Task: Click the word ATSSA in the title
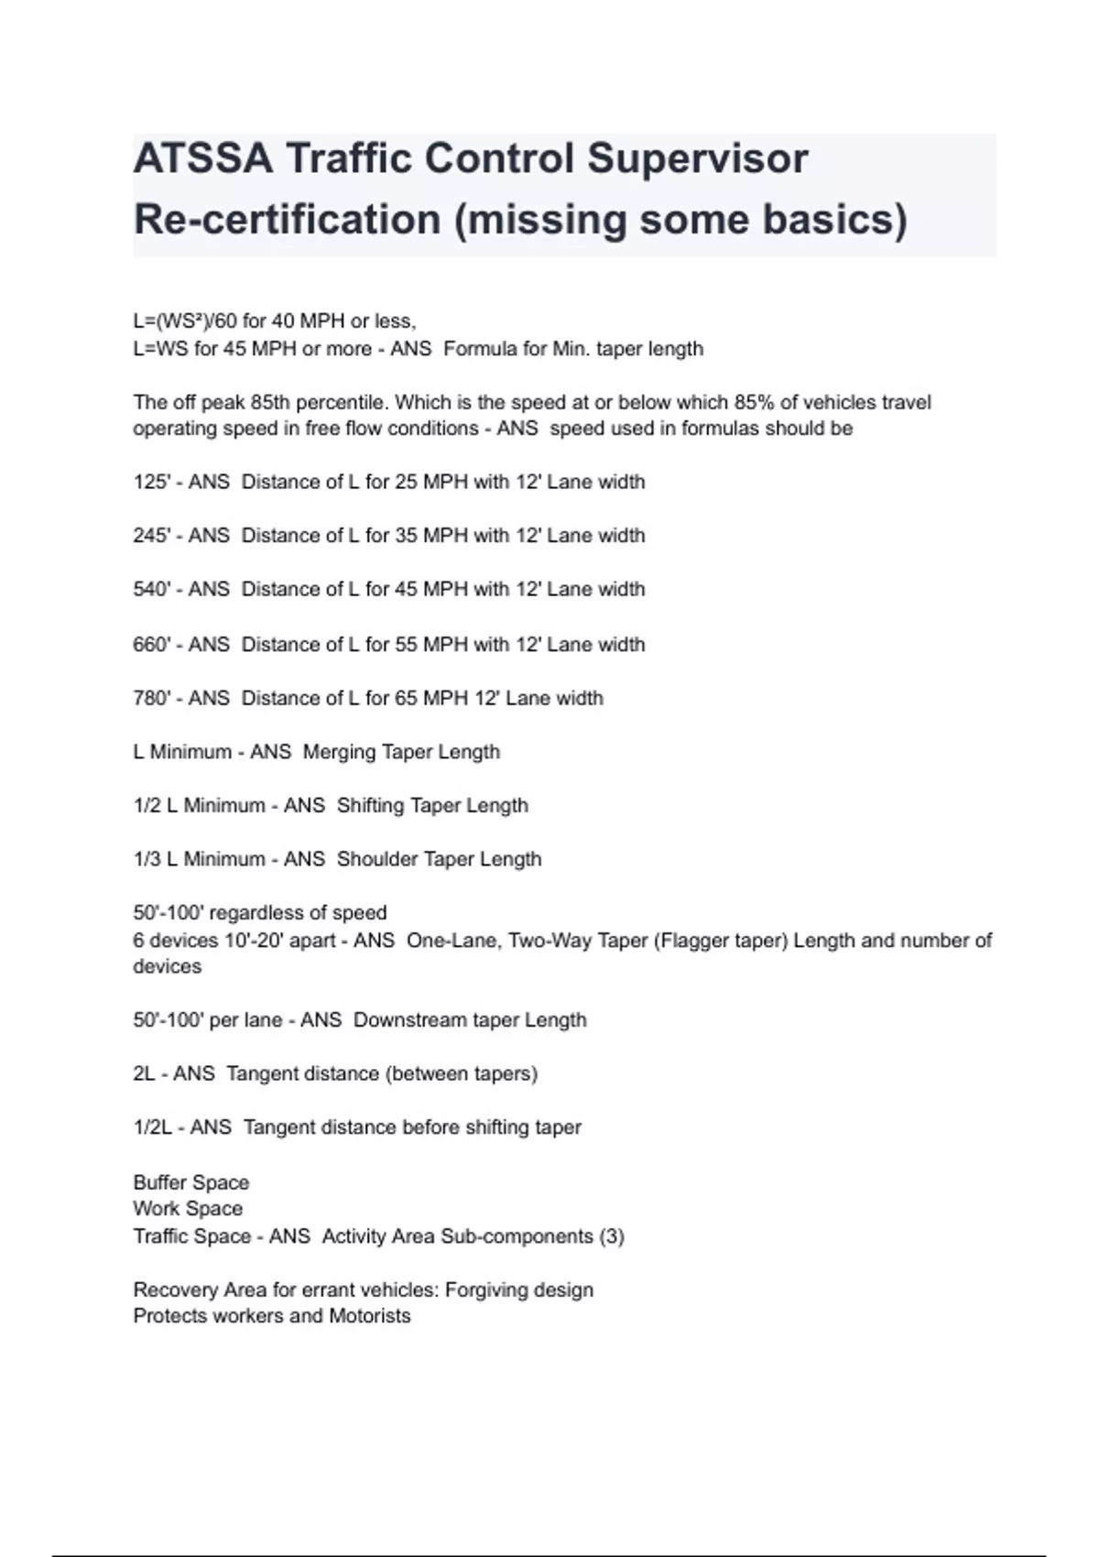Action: pos(202,158)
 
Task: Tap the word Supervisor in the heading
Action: pos(697,158)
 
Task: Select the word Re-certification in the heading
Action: pos(287,220)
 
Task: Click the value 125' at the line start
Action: pos(151,482)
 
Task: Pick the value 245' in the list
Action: pos(151,535)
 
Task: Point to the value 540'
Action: pos(151,589)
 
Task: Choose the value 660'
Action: pos(151,645)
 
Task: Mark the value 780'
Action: pos(151,698)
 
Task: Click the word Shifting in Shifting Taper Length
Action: pos(370,805)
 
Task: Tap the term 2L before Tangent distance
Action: pos(144,1073)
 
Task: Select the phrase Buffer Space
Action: pos(190,1182)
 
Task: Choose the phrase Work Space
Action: pos(188,1209)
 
